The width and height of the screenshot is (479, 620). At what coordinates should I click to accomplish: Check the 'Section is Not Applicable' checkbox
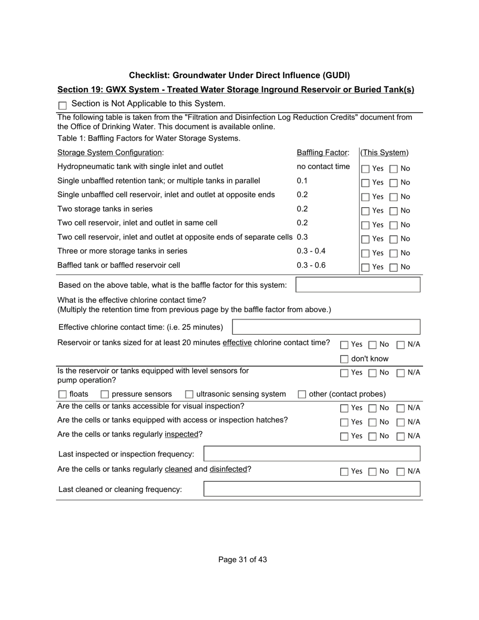63,106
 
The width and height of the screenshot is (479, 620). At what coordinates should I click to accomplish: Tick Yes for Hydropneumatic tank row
366,169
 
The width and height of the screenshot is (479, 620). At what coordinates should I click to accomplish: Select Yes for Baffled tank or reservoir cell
366,268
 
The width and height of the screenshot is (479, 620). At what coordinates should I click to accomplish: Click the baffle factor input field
357,285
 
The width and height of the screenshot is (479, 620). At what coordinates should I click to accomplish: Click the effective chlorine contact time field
326,327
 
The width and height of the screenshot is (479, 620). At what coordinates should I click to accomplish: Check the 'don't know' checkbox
344,359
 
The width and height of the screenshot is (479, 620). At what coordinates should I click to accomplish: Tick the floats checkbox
63,394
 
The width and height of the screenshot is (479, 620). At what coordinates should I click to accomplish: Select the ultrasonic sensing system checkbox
190,394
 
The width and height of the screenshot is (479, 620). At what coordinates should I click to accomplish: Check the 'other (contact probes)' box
302,394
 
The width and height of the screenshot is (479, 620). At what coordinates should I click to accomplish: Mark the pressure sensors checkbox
105,394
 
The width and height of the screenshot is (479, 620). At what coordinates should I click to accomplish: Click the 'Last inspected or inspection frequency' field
312,454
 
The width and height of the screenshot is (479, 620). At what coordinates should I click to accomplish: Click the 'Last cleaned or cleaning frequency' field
312,489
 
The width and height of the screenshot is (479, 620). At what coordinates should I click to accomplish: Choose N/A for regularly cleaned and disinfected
401,472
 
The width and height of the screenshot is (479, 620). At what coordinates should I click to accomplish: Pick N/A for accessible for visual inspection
401,408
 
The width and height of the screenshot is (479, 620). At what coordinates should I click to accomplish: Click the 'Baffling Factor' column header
323,153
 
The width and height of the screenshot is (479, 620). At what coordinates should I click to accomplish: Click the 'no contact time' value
323,166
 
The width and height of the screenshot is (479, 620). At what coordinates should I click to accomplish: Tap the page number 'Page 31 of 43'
243,560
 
